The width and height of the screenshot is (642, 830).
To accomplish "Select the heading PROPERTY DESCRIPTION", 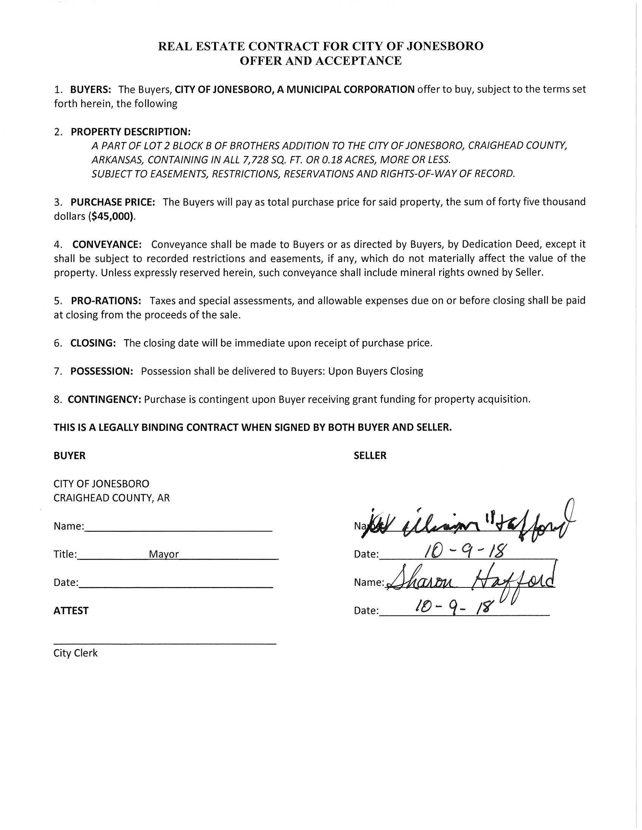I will click(130, 132).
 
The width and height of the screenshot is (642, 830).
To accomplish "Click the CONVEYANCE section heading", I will click(107, 244).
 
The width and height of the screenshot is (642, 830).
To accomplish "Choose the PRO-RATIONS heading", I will click(106, 301).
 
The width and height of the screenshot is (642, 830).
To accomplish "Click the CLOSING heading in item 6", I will click(93, 343).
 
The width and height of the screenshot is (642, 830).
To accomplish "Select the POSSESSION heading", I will click(102, 371).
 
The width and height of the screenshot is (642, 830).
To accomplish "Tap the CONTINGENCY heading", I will click(105, 400).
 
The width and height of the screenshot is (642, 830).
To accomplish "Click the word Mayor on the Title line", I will click(164, 554).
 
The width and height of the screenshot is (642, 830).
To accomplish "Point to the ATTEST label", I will click(71, 611).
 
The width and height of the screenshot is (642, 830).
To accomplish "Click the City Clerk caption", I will click(76, 653).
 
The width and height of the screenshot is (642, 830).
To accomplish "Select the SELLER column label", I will click(370, 456).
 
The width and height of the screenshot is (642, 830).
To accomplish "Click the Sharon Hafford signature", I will click(470, 581).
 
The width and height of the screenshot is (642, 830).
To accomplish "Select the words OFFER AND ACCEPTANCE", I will click(321, 61).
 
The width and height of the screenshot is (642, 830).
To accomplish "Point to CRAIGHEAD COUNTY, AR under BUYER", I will click(111, 498).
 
